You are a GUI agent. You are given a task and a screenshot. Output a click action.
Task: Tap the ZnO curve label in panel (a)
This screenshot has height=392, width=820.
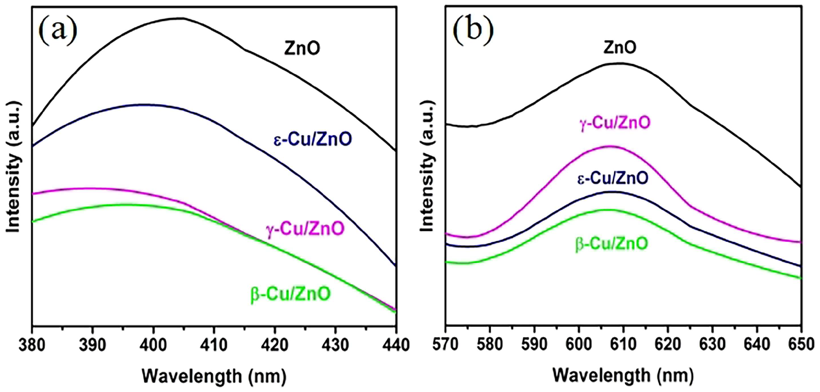(x=302, y=49)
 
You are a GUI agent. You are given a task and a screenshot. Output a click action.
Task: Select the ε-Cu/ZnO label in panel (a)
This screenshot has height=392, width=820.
(x=313, y=140)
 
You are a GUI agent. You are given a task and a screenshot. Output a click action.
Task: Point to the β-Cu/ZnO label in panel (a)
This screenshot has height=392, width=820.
(x=291, y=294)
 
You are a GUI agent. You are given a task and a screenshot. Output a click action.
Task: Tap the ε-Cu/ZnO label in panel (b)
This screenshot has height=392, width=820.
(x=612, y=178)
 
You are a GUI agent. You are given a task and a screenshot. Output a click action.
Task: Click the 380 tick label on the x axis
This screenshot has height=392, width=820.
(x=32, y=345)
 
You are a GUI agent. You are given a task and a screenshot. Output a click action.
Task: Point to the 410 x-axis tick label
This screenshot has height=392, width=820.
(x=214, y=345)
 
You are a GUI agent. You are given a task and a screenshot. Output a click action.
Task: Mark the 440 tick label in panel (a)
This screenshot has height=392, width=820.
(x=396, y=345)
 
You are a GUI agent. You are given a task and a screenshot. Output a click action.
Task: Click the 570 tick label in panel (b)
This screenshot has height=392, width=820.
(x=447, y=345)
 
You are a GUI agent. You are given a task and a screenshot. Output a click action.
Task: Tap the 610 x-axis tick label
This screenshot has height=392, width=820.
(x=623, y=345)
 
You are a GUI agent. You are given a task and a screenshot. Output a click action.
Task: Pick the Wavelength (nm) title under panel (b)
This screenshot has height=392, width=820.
(x=623, y=375)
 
